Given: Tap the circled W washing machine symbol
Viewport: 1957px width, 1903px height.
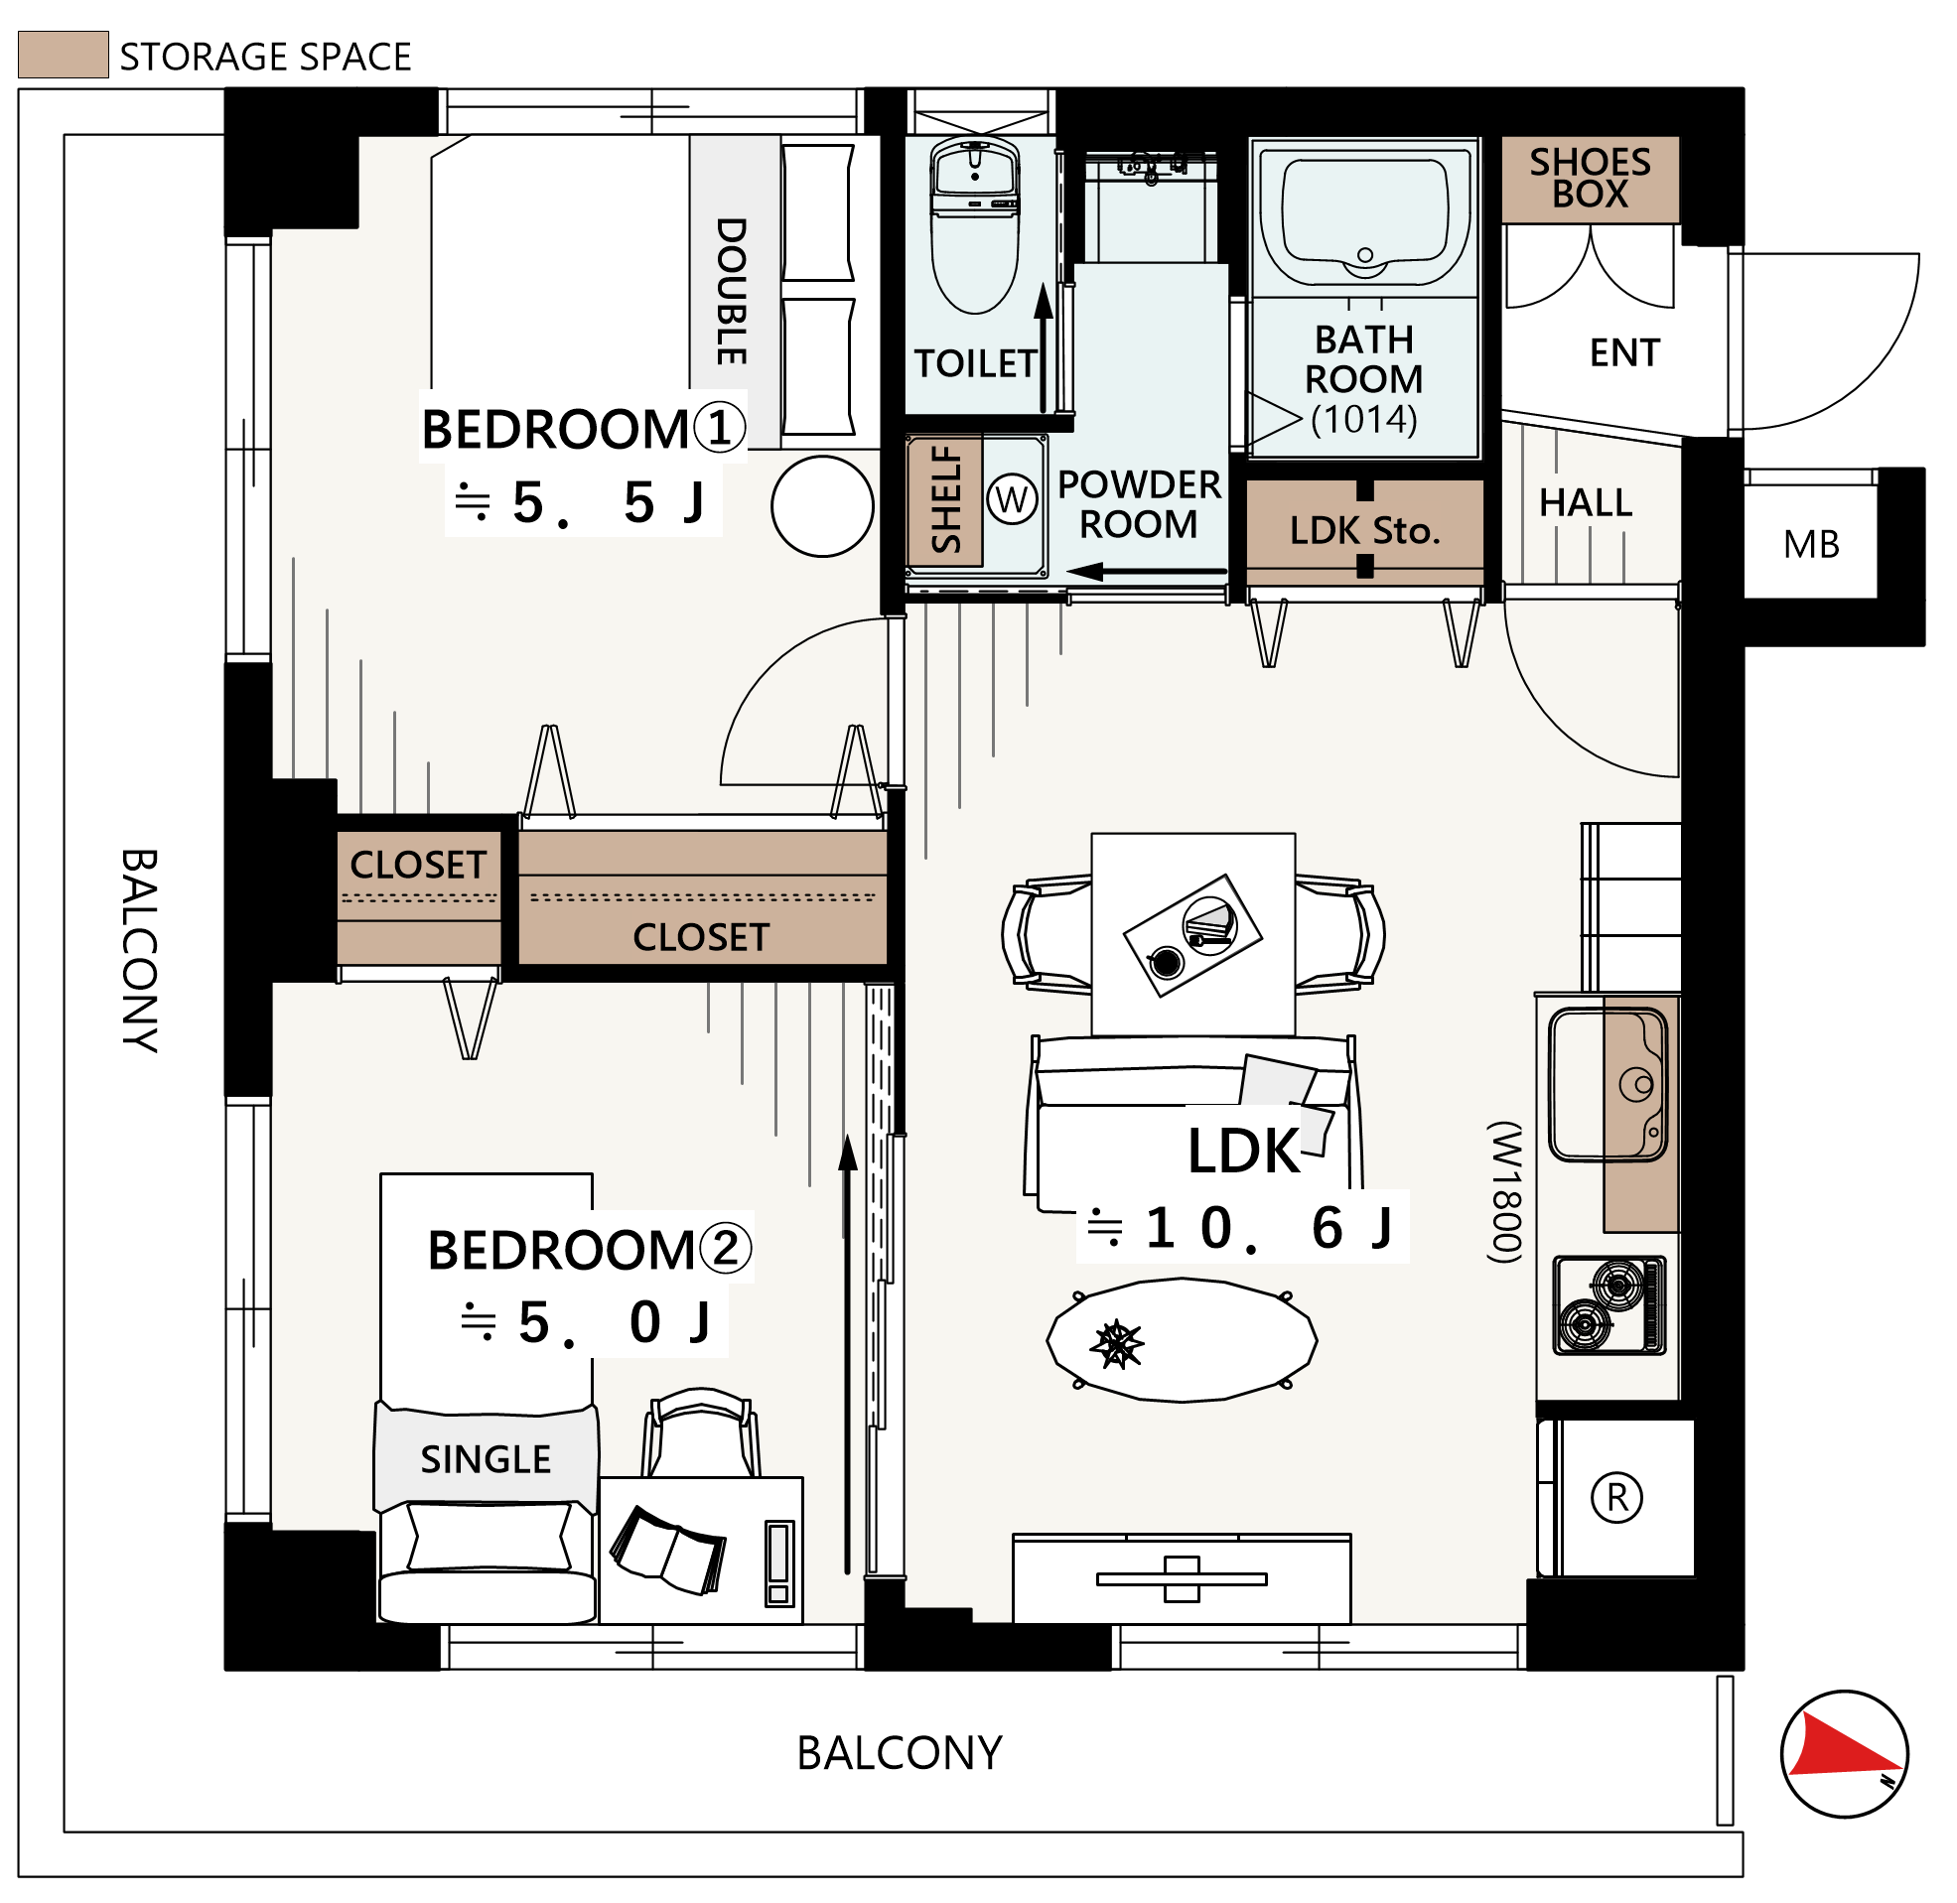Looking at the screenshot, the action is (x=1013, y=499).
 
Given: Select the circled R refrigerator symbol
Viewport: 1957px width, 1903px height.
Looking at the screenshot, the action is (x=1616, y=1498).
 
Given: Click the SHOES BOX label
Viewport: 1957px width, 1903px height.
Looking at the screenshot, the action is (x=1591, y=178).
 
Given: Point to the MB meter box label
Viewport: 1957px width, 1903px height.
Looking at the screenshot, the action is (x=1811, y=545).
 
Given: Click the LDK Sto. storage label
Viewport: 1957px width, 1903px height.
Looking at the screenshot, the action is (x=1364, y=531).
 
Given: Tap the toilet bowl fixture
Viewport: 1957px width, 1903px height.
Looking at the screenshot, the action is (x=974, y=225).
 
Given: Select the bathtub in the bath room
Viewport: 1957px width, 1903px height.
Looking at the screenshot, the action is (x=1364, y=214).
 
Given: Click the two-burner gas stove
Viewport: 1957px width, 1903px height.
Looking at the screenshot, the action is (x=1609, y=1305).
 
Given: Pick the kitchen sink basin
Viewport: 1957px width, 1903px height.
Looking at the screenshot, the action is (x=1608, y=1084).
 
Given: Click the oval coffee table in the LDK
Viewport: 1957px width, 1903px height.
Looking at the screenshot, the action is (x=1182, y=1340).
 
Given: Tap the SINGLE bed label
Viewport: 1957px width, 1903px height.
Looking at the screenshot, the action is (x=486, y=1460).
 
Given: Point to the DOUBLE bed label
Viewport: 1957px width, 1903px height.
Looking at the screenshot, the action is (x=732, y=291).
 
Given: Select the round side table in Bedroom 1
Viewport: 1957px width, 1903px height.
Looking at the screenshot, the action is (x=822, y=506).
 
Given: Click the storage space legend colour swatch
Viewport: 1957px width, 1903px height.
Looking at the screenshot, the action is (x=63, y=55).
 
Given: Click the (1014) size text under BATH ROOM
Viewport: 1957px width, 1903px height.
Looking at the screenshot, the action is (x=1364, y=420).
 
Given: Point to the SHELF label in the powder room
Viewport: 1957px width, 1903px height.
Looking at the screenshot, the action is (x=945, y=499).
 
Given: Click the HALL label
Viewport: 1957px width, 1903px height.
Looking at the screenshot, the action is (x=1586, y=502).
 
